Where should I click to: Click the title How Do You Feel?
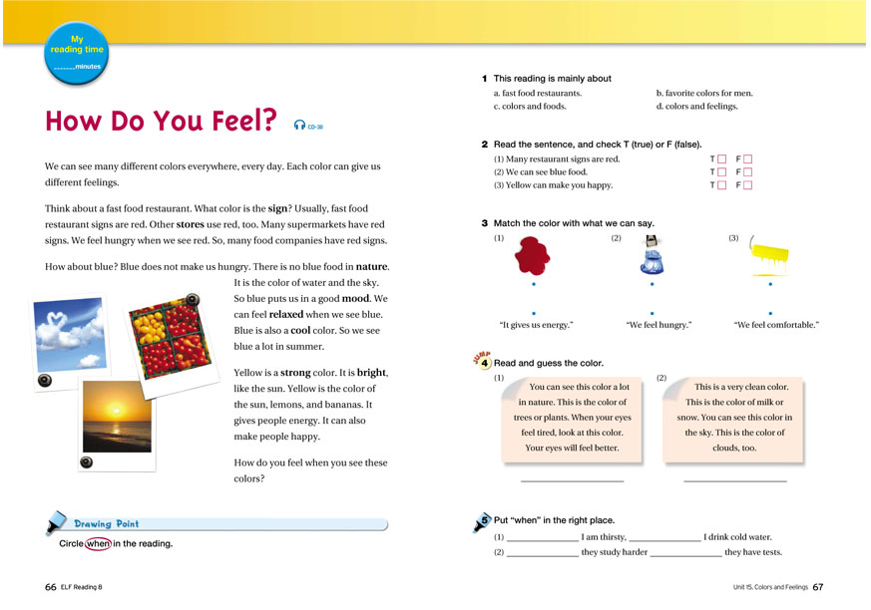pyautogui.click(x=161, y=123)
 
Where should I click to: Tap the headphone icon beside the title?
pyautogui.click(x=299, y=126)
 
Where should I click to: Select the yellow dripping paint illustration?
pyautogui.click(x=771, y=256)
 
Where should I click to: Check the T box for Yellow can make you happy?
pyautogui.click(x=720, y=185)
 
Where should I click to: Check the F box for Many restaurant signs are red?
pyautogui.click(x=746, y=159)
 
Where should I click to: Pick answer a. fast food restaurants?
pyautogui.click(x=537, y=94)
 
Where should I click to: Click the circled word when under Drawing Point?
pyautogui.click(x=98, y=543)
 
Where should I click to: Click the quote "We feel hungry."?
pyautogui.click(x=658, y=325)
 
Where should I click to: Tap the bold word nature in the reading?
pyautogui.click(x=372, y=267)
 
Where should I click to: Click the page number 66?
pyautogui.click(x=51, y=587)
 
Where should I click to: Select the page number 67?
pyautogui.click(x=817, y=587)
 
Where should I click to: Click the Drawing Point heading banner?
pyautogui.click(x=107, y=523)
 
